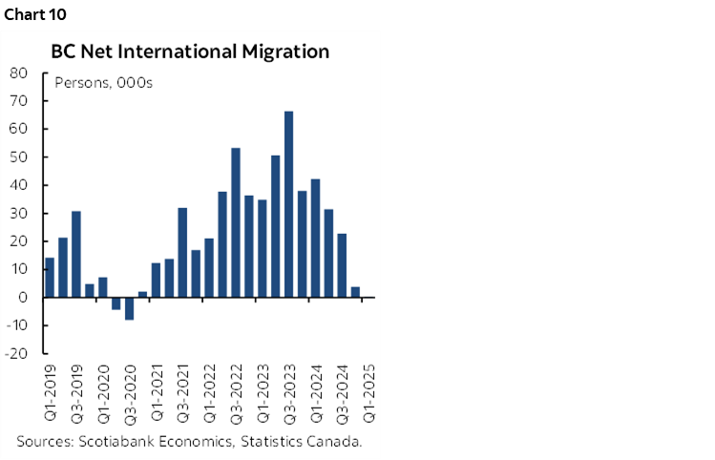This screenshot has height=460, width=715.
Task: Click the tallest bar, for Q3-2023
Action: click(288, 204)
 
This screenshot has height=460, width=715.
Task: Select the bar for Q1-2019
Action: click(50, 278)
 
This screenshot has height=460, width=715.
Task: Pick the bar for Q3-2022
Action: click(236, 222)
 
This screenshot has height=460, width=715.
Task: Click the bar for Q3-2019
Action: click(76, 254)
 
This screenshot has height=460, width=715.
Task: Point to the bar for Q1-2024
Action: click(315, 238)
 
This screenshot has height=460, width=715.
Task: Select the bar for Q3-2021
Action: click(182, 252)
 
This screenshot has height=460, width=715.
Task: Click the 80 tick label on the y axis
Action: click(18, 73)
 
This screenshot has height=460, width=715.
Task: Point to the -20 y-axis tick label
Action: click(14, 353)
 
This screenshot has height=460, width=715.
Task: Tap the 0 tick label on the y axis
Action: click(22, 297)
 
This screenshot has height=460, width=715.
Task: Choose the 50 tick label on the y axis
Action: click(18, 157)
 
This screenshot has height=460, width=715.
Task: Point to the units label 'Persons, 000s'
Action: click(103, 81)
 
